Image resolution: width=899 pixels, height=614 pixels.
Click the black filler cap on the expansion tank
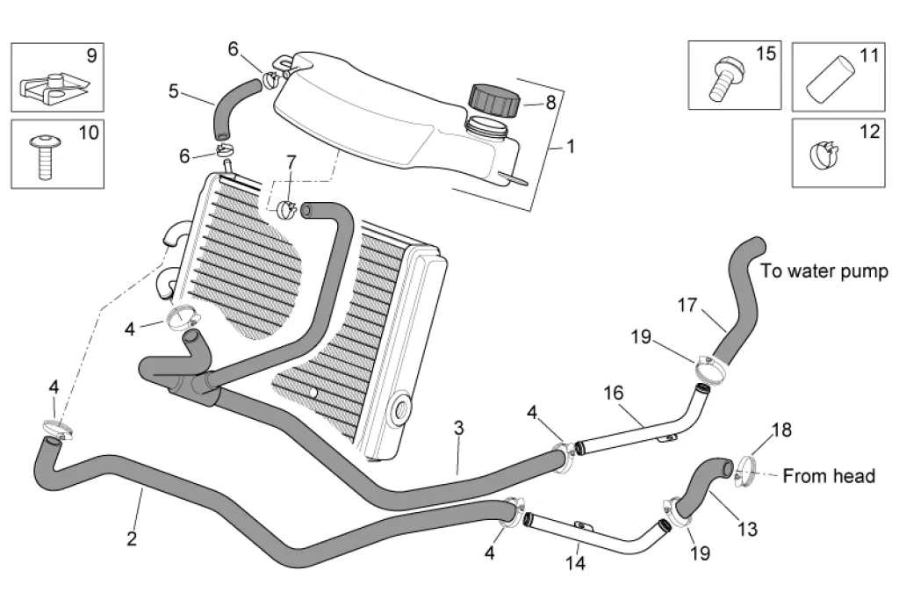494,99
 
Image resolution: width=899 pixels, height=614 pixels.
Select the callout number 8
550,102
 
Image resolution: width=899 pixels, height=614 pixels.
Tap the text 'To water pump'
824,271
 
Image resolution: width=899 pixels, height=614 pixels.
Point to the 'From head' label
828,476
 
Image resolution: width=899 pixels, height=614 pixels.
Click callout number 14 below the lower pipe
574,561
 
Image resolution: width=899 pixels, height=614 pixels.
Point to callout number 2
132,538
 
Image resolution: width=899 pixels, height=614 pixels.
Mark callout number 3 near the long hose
458,429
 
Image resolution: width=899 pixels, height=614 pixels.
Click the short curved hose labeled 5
233,104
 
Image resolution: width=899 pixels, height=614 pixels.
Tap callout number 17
687,306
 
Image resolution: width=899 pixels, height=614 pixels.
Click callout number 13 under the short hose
746,529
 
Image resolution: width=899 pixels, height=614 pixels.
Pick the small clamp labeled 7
286,209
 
